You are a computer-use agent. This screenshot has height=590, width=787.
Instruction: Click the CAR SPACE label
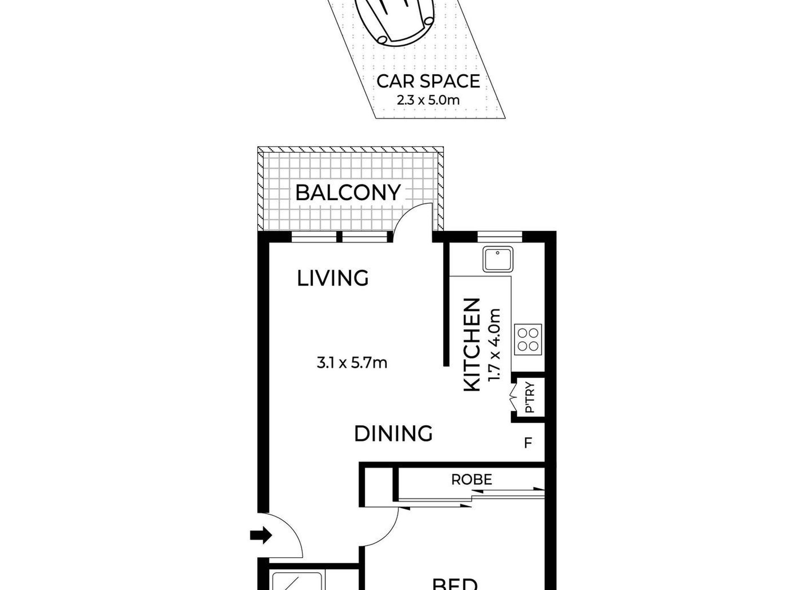click(x=428, y=81)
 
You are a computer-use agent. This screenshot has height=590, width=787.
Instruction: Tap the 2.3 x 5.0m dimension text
click(x=428, y=100)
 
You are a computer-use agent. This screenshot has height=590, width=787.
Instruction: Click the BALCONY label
click(x=348, y=193)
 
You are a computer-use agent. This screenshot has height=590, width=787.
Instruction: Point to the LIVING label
click(x=333, y=278)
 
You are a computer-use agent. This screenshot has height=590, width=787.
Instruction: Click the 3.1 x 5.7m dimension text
click(x=352, y=363)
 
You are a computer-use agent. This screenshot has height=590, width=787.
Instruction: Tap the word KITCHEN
click(x=472, y=344)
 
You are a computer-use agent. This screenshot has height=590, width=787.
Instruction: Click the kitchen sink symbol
click(x=497, y=259)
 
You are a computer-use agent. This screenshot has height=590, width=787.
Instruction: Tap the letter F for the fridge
click(x=528, y=443)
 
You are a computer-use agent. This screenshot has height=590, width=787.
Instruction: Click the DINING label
click(x=393, y=434)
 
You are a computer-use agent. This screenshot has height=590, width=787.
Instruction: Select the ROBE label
click(x=471, y=479)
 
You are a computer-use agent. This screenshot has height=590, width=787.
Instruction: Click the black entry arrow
click(x=261, y=535)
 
